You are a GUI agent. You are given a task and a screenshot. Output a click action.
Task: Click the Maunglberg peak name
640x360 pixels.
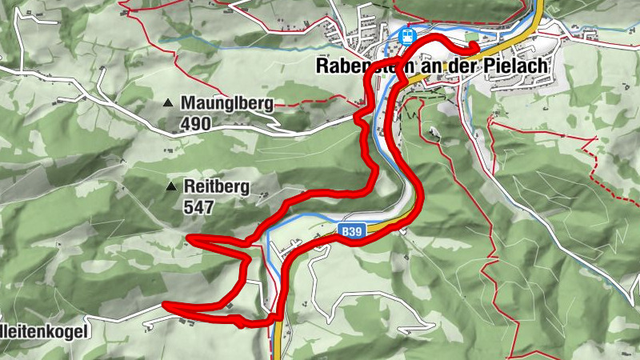tap(227, 103)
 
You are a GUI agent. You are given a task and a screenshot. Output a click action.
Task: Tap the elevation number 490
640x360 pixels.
tap(196, 123)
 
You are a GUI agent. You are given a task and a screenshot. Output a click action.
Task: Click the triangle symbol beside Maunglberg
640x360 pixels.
tap(168, 103)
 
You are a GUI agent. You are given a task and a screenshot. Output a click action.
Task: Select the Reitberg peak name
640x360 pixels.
tap(217, 186)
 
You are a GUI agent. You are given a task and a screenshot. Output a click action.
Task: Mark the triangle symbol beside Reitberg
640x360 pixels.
tap(170, 187)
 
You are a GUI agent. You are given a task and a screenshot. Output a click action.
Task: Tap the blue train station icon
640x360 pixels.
tap(407, 36)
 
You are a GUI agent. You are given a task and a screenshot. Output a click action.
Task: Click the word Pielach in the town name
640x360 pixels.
tap(519, 67)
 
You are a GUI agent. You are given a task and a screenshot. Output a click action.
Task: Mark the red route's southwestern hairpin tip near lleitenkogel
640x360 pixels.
tap(163, 304)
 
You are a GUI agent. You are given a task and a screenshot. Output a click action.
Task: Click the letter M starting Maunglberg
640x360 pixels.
tap(189, 103)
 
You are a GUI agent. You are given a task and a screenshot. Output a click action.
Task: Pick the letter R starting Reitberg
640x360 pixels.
tap(189, 186)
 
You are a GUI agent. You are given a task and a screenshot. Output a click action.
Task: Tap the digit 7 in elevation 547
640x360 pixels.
tap(210, 206)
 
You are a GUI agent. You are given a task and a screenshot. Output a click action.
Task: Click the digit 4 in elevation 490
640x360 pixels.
tap(186, 123)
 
